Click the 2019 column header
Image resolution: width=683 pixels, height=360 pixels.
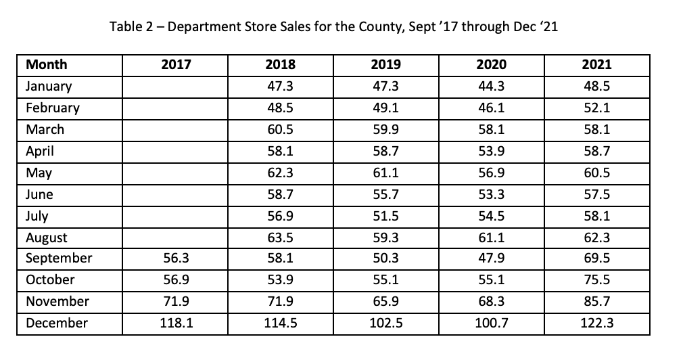pyautogui.click(x=386, y=65)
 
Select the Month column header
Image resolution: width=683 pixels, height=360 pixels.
pyautogui.click(x=46, y=65)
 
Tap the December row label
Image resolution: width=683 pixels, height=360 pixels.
pyautogui.click(x=56, y=323)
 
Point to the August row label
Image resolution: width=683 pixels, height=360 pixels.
pyautogui.click(x=46, y=238)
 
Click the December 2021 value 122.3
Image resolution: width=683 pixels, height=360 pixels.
pyautogui.click(x=596, y=323)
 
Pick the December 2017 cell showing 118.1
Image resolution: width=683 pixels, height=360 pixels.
pyautogui.click(x=176, y=323)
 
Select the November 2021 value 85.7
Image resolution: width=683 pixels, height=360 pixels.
pyautogui.click(x=596, y=301)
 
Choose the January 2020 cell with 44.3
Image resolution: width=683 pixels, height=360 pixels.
pyautogui.click(x=492, y=87)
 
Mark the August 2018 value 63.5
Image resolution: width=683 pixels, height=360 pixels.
pyautogui.click(x=281, y=238)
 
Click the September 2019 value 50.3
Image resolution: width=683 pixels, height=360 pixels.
pyautogui.click(x=386, y=258)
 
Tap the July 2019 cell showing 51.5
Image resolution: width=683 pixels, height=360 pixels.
pyautogui.click(x=386, y=217)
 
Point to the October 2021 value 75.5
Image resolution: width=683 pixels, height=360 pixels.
pyautogui.click(x=596, y=280)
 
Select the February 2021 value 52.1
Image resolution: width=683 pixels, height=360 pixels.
pyautogui.click(x=596, y=108)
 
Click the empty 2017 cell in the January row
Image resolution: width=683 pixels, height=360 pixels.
pyautogui.click(x=176, y=87)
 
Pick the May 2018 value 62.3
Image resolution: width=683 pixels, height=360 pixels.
pyautogui.click(x=281, y=173)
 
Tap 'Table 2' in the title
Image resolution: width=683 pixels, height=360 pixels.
pyautogui.click(x=133, y=28)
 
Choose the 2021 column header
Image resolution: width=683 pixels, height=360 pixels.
pyautogui.click(x=596, y=65)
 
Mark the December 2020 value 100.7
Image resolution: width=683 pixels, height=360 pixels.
pyautogui.click(x=492, y=323)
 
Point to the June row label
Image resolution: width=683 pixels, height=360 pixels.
pyautogui.click(x=39, y=195)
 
